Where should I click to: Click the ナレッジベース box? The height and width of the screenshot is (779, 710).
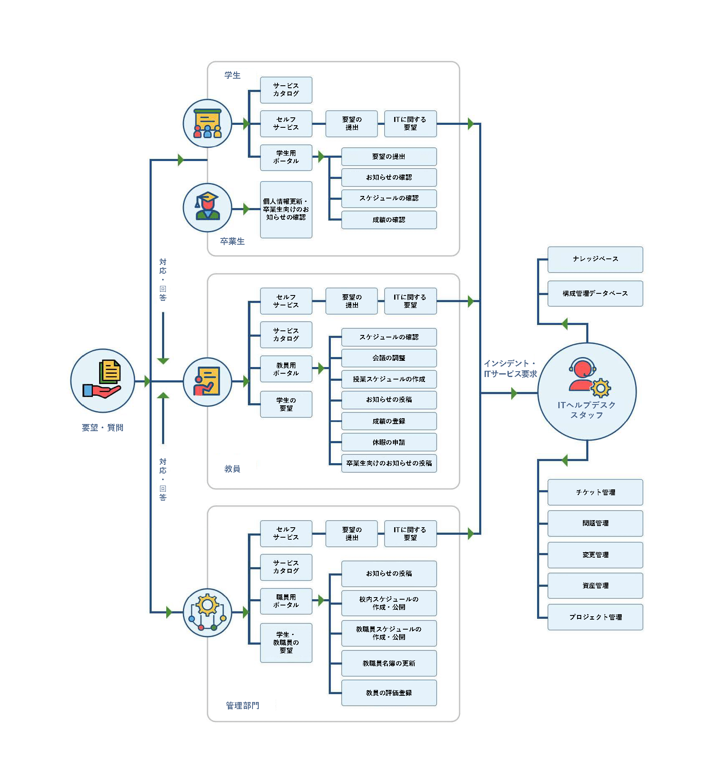point(595,259)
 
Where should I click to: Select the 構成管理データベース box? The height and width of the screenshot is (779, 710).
point(595,293)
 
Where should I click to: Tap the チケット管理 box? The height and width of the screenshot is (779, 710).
point(595,492)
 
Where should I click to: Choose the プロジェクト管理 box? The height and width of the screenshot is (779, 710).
point(595,617)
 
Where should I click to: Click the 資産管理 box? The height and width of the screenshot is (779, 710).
point(595,585)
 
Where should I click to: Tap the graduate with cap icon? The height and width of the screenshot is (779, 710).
point(207,207)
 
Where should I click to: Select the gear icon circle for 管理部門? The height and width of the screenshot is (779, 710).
point(207,612)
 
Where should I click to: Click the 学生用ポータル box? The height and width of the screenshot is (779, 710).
point(286,157)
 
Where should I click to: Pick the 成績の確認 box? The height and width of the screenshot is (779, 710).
point(389,220)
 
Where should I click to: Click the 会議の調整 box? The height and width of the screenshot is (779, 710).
point(389,358)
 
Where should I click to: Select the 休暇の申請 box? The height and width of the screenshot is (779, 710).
point(389,442)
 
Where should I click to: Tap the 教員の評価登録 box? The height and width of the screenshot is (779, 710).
point(389,693)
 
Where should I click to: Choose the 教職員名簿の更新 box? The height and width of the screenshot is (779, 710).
point(389,663)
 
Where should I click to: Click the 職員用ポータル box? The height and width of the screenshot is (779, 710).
point(286,601)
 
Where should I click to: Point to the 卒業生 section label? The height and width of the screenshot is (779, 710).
point(232,241)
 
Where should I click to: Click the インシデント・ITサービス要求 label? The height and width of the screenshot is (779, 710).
point(510,369)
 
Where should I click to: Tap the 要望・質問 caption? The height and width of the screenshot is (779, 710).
point(102,428)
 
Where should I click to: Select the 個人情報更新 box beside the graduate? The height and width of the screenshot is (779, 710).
point(286,209)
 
